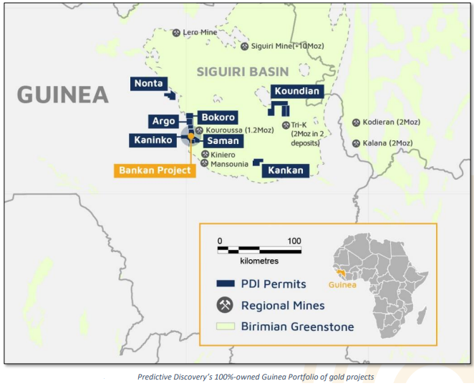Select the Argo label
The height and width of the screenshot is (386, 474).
point(163,121)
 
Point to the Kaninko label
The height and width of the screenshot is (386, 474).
point(153,140)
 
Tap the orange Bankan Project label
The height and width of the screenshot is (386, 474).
point(155,170)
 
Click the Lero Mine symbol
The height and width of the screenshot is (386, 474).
point(177,32)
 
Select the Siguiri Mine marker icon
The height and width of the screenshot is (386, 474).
point(244,47)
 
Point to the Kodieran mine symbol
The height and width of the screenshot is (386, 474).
point(356,122)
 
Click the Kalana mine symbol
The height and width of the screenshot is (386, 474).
point(356,143)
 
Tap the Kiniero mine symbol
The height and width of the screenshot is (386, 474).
point(205,154)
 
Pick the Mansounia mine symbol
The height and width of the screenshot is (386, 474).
point(205,163)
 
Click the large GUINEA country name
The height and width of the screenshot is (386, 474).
point(63,95)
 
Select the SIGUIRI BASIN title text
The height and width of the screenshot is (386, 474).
point(242,72)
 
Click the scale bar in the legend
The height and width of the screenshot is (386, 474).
point(256,250)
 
